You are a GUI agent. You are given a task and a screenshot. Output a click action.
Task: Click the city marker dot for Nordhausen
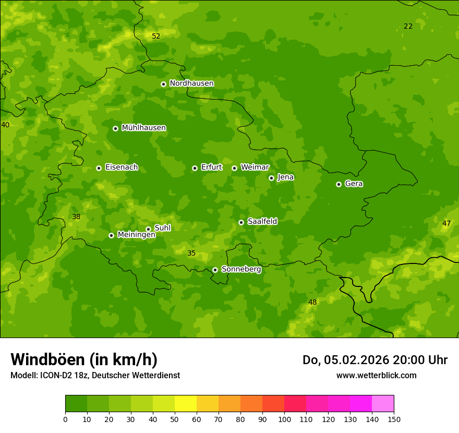pos(163,84)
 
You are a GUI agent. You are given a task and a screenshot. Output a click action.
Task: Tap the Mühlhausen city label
pos(143,128)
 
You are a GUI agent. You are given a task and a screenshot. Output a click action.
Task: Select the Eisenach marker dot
pos(99,168)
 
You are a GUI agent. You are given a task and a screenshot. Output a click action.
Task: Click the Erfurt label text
pos(211,167)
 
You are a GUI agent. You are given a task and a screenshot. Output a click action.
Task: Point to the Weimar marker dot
pos(234,168)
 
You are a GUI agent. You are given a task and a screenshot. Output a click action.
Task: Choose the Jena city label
pos(285,177)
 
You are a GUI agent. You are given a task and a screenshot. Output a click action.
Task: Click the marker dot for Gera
pos(339,184)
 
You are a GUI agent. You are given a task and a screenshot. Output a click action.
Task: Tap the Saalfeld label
pos(262,222)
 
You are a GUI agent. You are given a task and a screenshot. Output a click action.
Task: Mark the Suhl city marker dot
pos(148,229)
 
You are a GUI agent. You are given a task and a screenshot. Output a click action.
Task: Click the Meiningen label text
pos(136,235)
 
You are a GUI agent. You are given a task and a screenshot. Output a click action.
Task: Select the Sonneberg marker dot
pos(215,270)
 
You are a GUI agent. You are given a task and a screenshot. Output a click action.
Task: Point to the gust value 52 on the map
pos(156,37)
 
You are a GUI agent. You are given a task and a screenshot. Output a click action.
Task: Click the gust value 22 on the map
pos(408,27)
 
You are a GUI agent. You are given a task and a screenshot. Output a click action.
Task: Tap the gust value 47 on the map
pos(446,224)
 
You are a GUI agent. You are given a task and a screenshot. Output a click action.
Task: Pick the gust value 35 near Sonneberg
pos(191,254)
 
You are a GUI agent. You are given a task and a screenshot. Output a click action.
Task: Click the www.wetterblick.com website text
pos(376,376)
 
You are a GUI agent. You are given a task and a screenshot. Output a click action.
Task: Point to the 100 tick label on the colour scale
pos(284,419)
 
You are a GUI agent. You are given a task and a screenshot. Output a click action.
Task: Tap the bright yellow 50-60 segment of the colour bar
pos(186,404)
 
